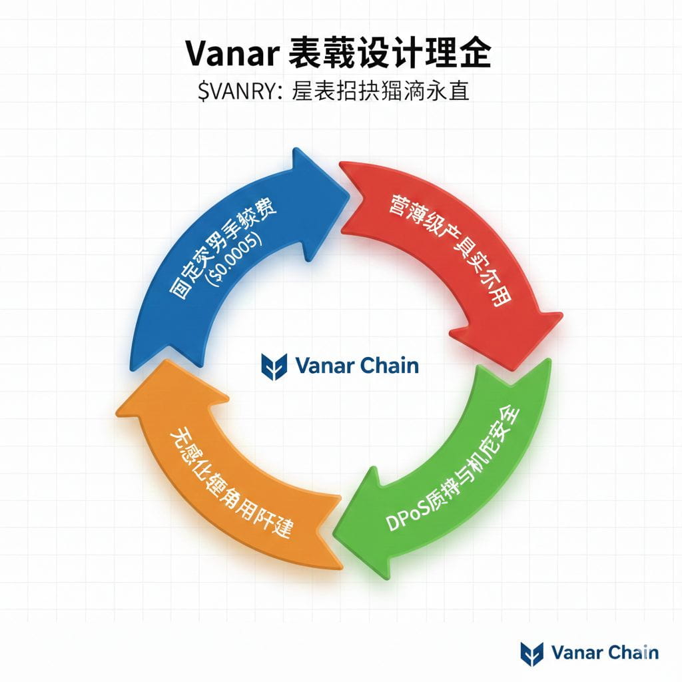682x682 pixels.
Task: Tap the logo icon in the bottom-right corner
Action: pyautogui.click(x=531, y=653)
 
